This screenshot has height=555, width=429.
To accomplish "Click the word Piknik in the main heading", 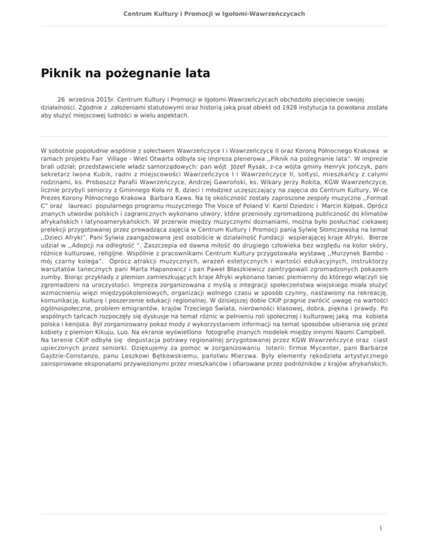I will point(63,74).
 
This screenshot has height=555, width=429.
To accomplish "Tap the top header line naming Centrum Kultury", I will point(214,12).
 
